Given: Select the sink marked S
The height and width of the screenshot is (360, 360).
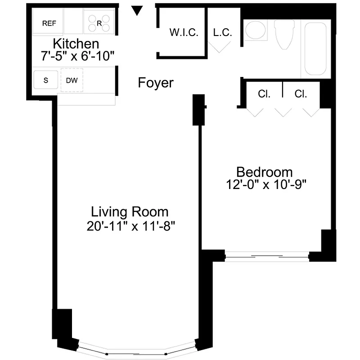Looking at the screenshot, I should [46, 81].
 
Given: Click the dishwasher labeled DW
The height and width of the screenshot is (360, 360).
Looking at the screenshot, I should [72, 81].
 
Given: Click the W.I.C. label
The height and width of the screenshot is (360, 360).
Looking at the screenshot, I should [184, 33].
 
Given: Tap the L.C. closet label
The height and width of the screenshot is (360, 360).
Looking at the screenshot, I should [222, 33].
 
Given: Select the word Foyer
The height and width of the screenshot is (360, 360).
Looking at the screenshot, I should [156, 83].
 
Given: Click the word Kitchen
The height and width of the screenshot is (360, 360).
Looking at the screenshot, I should [76, 44].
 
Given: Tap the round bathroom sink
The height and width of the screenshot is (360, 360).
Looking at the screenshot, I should [256, 31].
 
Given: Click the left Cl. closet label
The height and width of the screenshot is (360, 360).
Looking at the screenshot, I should [264, 94].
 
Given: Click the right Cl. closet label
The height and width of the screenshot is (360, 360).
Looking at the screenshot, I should [301, 94].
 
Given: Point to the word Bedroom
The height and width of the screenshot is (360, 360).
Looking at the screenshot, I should [265, 172].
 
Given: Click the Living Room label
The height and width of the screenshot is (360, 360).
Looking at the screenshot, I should [130, 211].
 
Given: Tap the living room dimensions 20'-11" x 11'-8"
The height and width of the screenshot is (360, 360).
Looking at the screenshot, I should [130, 225].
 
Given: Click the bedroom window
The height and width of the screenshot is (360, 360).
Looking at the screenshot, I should [267, 256].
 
